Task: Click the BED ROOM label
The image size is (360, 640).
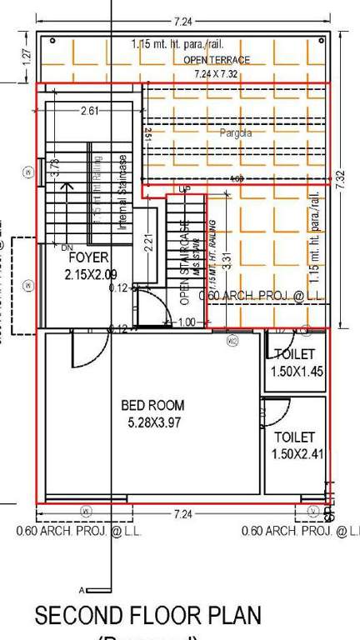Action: (152, 406)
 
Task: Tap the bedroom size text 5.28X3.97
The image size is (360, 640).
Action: (152, 422)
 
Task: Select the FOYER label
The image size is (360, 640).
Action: (88, 258)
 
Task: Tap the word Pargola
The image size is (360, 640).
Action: (236, 132)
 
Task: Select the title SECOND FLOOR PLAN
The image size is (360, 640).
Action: (147, 616)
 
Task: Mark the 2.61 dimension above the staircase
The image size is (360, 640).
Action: (90, 111)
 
